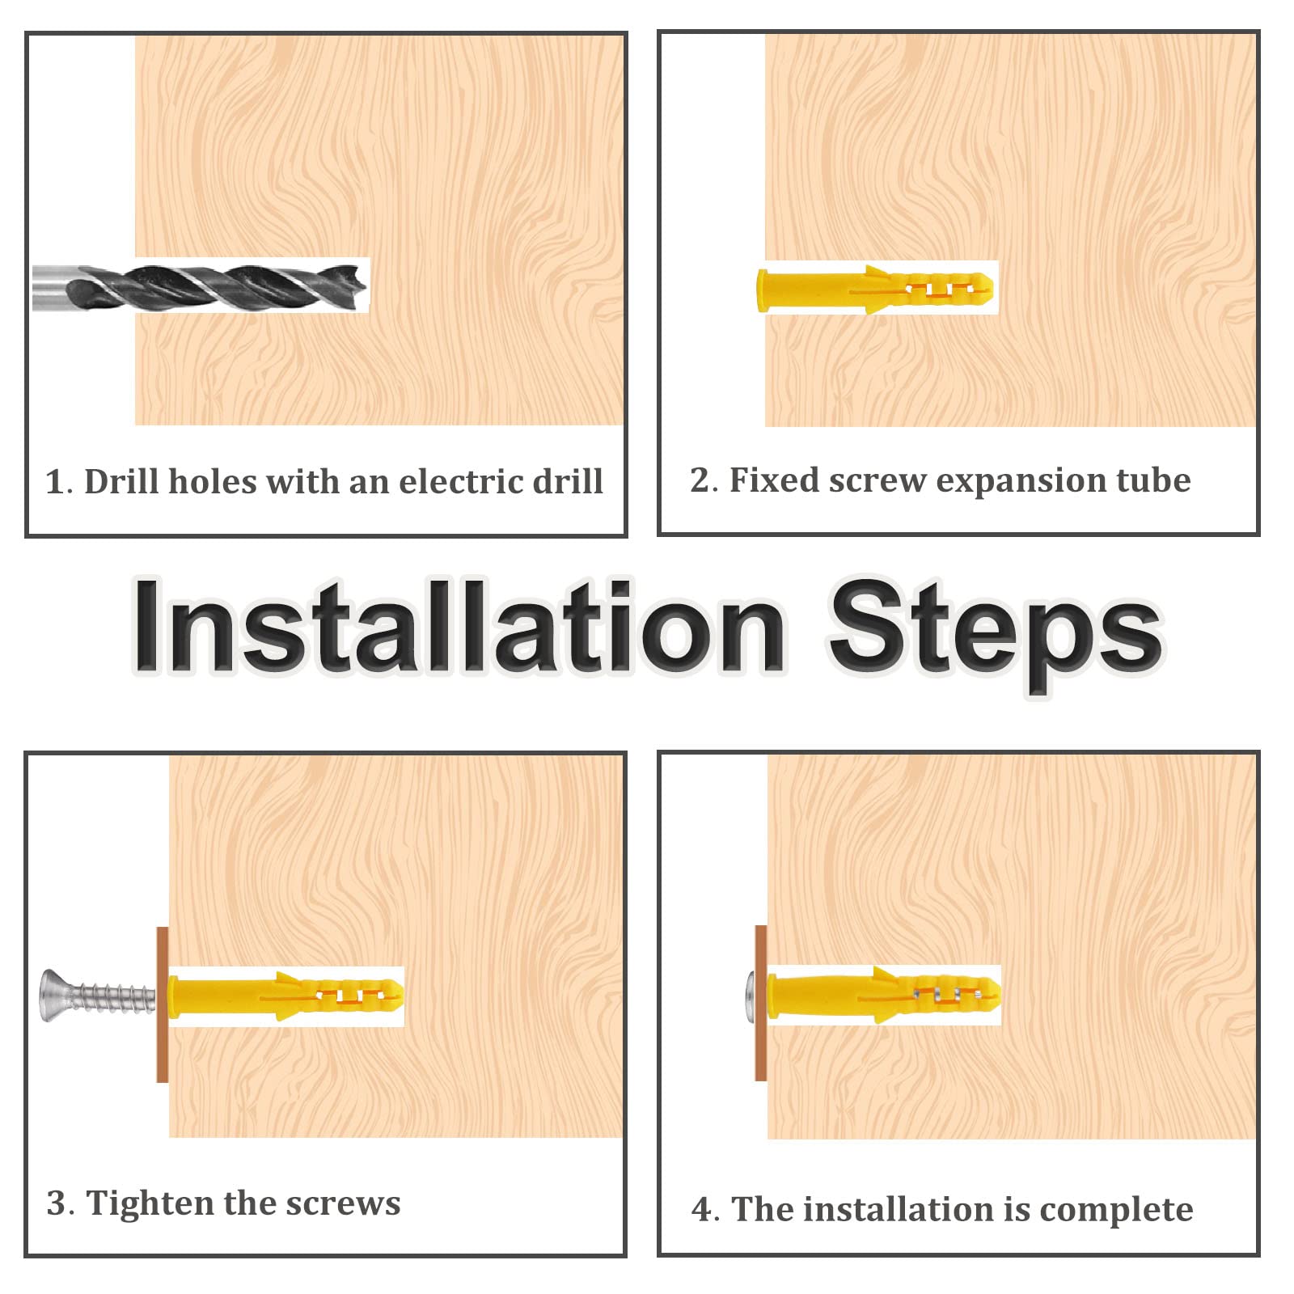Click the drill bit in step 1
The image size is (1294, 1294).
201,285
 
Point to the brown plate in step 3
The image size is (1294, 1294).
162,1004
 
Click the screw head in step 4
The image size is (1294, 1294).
750,996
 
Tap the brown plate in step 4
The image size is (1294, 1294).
760,1003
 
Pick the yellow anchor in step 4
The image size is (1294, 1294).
883,995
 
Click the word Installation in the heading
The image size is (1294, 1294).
459,626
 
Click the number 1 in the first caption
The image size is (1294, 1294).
55,482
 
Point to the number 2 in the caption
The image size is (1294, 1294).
700,480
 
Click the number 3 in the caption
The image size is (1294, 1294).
56,1203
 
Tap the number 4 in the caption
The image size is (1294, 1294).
701,1210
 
